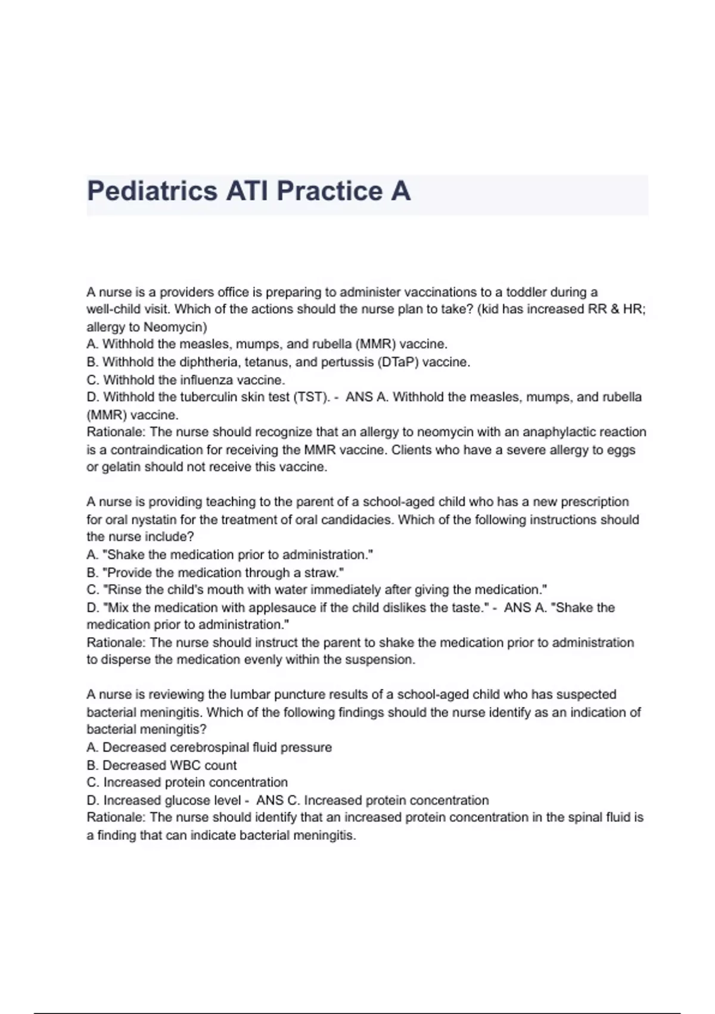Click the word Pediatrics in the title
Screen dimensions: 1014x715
click(x=152, y=191)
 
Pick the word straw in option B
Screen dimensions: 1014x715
click(x=322, y=573)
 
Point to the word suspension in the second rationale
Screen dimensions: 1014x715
click(x=381, y=660)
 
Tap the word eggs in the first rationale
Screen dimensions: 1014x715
click(x=621, y=450)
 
